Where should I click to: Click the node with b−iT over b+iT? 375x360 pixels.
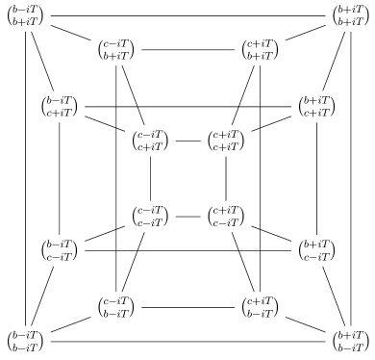[x=25, y=16]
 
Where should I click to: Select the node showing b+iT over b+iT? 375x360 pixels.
[x=350, y=16]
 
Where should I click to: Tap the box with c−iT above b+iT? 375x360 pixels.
[x=120, y=50]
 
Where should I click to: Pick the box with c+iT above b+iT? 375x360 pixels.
[x=262, y=50]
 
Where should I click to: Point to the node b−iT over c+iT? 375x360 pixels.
[x=60, y=107]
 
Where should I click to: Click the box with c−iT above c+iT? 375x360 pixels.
[x=150, y=140]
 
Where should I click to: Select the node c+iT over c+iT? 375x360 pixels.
[x=225, y=140]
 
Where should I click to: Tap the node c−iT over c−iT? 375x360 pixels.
[x=150, y=217]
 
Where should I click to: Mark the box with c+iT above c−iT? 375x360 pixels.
[x=225, y=217]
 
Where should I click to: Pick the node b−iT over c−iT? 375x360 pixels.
[x=60, y=249]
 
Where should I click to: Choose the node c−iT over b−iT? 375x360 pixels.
[x=120, y=306]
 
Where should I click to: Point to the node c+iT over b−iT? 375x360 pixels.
[x=262, y=306]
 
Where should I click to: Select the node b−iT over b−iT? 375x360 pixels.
[x=25, y=341]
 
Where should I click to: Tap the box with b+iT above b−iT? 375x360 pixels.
[x=350, y=341]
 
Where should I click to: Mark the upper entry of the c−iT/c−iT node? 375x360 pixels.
[x=151, y=210]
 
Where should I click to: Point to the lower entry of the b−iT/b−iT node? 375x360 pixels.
[x=25, y=347]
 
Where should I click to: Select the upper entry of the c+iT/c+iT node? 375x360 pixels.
[x=226, y=133]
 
